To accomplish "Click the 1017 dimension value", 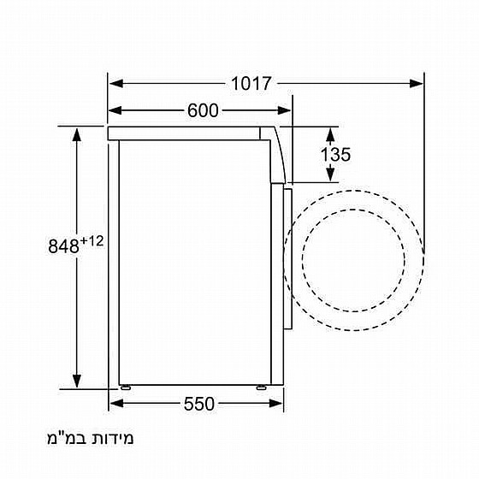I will tap(251, 84).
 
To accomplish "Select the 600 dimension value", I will tap(203, 110).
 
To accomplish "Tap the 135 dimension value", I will tap(336, 155).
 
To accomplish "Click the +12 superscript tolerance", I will tap(92, 241).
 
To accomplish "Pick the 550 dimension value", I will tap(198, 403).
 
